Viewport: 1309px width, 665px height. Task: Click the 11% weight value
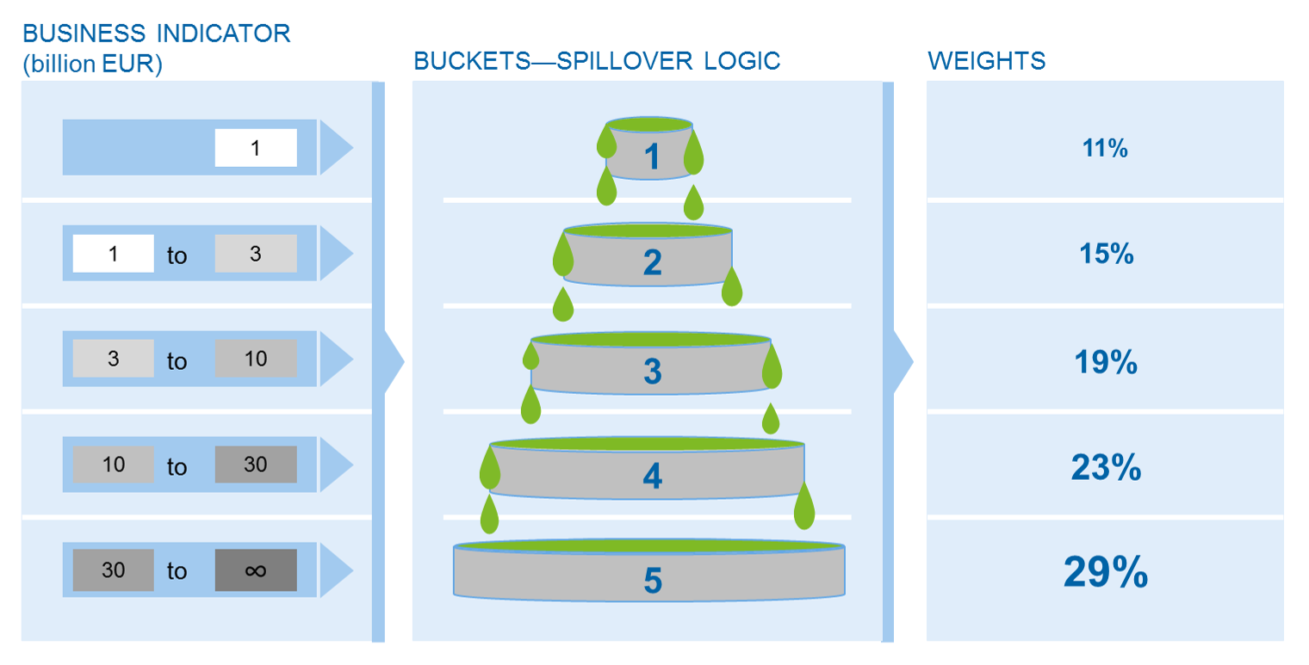point(1105,149)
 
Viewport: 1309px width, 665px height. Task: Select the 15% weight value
point(1106,255)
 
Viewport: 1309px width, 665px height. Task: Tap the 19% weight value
point(1106,363)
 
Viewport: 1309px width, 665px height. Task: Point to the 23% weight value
point(1106,469)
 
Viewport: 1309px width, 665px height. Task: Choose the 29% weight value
point(1106,571)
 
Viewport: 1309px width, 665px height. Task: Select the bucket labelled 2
point(651,261)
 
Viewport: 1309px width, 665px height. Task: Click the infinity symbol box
point(256,570)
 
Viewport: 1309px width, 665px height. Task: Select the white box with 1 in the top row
point(256,148)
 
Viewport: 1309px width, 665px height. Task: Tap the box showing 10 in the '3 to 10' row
point(256,359)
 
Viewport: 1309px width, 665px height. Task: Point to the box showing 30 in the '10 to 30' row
point(256,465)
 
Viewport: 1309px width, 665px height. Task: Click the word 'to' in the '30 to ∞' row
point(177,571)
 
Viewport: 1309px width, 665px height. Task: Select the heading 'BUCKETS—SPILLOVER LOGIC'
point(597,61)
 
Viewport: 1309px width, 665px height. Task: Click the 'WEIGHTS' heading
point(986,61)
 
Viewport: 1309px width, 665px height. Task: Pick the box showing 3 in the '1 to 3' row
point(256,253)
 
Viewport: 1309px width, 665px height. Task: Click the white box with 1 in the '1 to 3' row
point(114,253)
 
